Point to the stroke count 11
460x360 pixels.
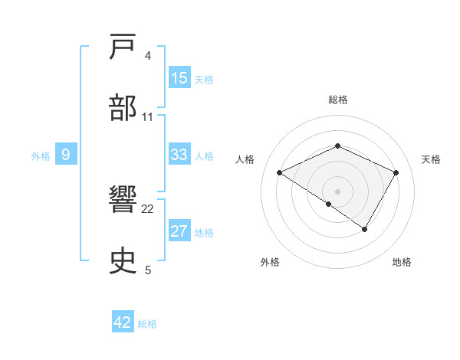(148, 116)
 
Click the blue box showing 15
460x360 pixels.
(179, 78)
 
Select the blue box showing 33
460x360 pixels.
(179, 155)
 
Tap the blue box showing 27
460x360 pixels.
(179, 231)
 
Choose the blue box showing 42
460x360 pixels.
(123, 322)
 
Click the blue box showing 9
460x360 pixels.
(66, 155)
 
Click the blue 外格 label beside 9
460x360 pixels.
(41, 155)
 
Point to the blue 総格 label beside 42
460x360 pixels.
(147, 323)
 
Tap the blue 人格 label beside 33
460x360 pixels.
(204, 155)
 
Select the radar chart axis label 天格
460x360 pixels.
(431, 159)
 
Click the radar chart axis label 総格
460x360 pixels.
(338, 100)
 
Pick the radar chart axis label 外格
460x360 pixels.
(270, 263)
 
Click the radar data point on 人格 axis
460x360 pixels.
(280, 173)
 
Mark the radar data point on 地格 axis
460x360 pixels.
(365, 229)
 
